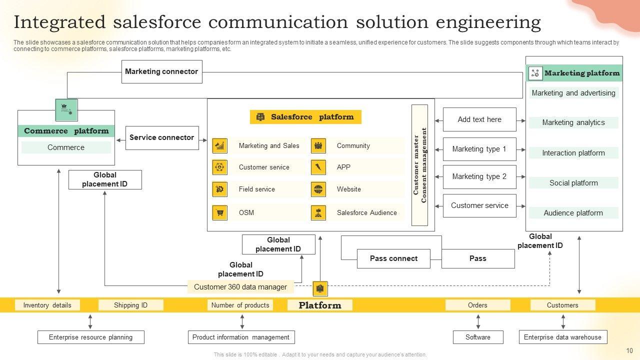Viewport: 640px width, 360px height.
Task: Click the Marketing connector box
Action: point(161,71)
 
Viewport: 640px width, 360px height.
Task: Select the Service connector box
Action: point(161,137)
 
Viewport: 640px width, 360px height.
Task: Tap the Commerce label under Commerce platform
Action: point(66,147)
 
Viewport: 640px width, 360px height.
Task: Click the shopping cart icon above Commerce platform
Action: point(66,109)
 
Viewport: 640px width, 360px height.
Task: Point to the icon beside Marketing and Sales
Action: point(219,146)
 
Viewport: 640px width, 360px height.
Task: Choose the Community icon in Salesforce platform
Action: point(318,146)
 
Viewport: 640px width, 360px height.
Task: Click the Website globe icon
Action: point(318,189)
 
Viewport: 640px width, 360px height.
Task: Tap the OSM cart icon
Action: point(219,212)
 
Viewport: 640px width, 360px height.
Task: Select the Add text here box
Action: point(479,119)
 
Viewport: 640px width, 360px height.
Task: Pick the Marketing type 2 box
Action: point(479,176)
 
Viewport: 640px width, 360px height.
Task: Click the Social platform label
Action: point(573,183)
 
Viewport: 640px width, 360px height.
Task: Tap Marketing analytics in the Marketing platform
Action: point(573,122)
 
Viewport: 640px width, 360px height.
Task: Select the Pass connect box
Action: point(393,258)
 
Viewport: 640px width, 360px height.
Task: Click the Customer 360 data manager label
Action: point(240,287)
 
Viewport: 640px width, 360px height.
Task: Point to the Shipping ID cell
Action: point(130,305)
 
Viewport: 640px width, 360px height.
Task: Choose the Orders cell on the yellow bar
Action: point(477,305)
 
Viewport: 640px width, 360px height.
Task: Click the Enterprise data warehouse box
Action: point(562,337)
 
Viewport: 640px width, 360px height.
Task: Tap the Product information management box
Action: point(240,337)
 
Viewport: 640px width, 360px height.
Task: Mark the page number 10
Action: point(629,351)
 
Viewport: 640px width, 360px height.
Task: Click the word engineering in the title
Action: point(488,22)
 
